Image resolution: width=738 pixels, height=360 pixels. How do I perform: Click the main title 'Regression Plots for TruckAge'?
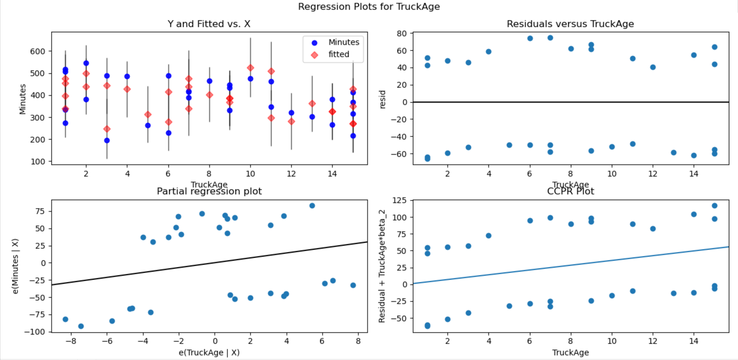coord(369,7)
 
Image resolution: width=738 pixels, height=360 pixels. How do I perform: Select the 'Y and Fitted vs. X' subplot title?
coord(209,24)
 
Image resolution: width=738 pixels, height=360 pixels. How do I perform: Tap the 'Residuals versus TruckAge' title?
coord(570,24)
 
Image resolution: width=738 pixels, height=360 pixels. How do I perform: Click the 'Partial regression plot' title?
coord(209,191)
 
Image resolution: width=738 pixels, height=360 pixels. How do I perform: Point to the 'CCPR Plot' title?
coord(570,191)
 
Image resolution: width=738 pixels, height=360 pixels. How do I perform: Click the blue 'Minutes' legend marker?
coord(314,43)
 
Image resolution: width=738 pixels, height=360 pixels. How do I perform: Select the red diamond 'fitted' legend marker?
coord(314,55)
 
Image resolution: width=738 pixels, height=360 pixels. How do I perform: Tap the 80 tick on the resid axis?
coord(402,33)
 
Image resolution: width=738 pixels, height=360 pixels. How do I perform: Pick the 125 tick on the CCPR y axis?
coord(399,200)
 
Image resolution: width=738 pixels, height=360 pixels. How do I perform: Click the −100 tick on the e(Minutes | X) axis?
coord(35,332)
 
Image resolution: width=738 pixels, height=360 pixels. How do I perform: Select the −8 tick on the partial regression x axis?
coord(71,341)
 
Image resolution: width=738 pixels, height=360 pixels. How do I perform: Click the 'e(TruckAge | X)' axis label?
coord(209,352)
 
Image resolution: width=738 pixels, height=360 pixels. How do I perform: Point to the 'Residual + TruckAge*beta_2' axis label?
coord(382,266)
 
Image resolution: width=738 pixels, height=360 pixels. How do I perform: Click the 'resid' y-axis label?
coord(382,99)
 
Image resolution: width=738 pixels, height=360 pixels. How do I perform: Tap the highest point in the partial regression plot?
coord(312,206)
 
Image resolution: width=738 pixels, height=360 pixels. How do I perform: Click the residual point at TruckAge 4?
coord(489,52)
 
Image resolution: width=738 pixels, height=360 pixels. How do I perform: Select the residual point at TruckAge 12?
coord(653,67)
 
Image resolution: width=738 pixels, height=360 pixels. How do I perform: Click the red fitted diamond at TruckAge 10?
coord(250,68)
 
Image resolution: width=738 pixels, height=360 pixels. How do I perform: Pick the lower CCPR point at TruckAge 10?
coord(612,296)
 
